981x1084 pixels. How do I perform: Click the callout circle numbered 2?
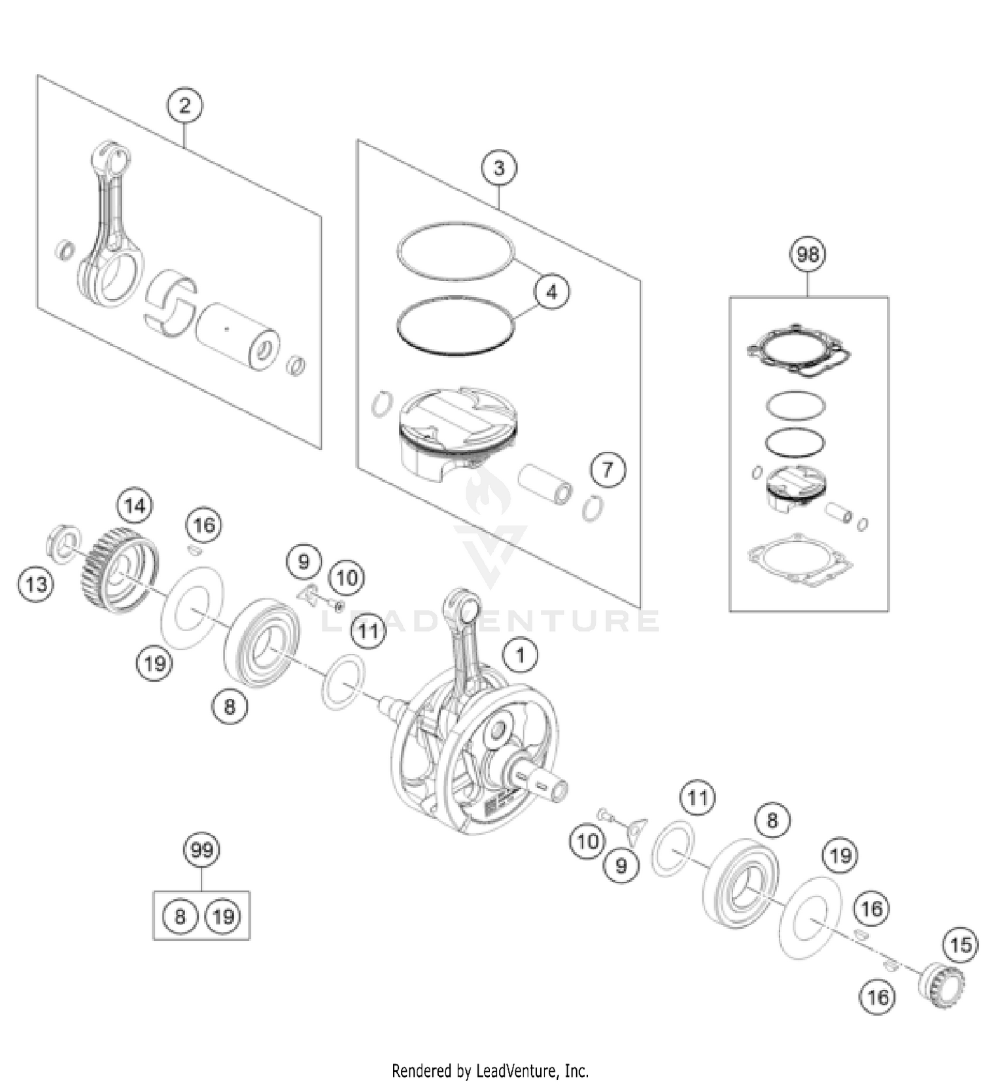tap(184, 105)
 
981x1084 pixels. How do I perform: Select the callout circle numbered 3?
tap(499, 168)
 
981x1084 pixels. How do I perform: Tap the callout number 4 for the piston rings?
tap(551, 292)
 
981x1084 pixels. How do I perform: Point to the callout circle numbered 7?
tap(608, 469)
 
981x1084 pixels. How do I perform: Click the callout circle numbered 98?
tap(808, 254)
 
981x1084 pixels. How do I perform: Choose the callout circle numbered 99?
tap(201, 850)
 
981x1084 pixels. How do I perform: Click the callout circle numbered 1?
tap(521, 655)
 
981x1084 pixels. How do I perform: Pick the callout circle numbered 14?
tap(135, 505)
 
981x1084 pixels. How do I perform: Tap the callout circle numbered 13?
tap(36, 584)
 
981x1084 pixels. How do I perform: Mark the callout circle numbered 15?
tap(961, 945)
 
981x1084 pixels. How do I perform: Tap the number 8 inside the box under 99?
tap(180, 916)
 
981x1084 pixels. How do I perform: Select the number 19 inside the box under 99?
tap(223, 916)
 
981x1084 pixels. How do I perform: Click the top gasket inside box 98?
tap(799, 351)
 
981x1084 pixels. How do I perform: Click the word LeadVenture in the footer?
tap(516, 1071)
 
